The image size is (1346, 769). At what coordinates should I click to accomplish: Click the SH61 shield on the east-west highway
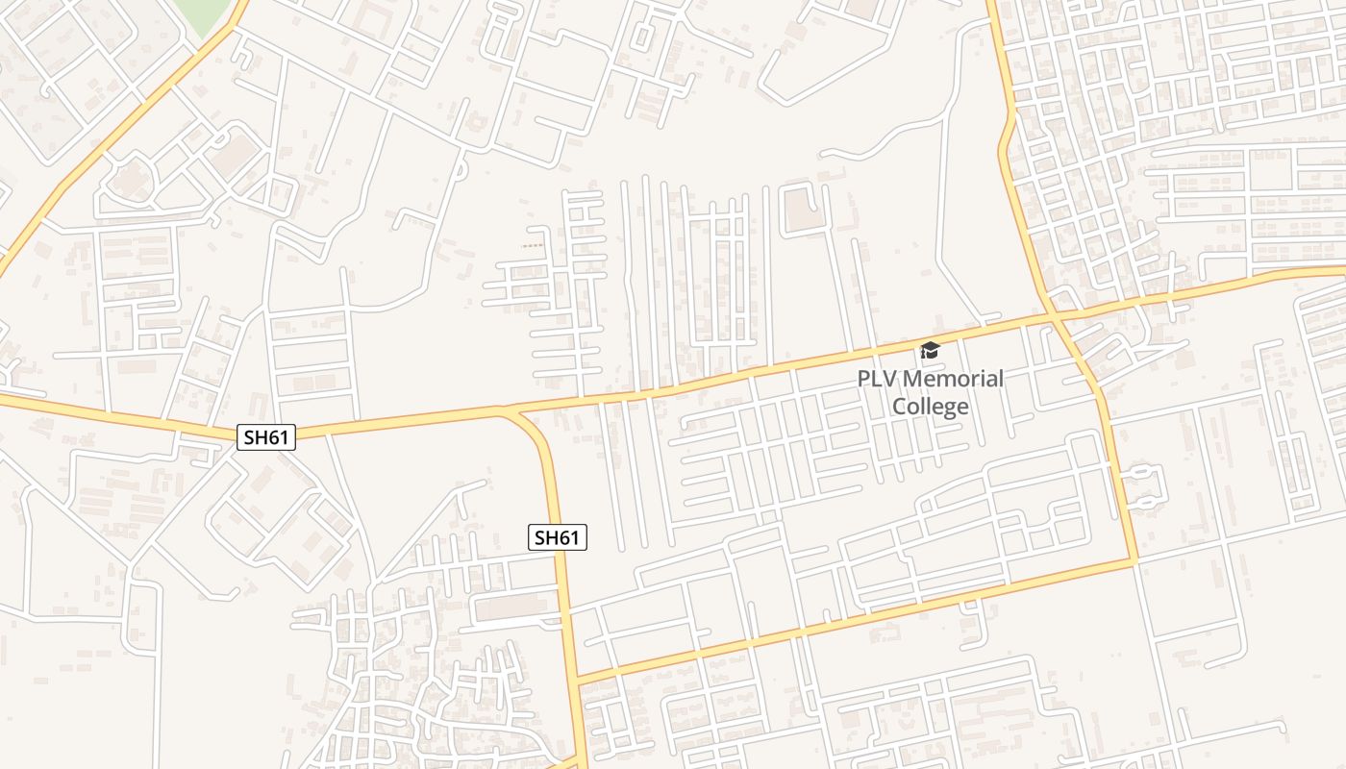[x=266, y=437]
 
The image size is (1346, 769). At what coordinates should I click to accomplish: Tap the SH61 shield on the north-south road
[x=558, y=537]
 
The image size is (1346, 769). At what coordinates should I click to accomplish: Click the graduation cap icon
[x=929, y=351]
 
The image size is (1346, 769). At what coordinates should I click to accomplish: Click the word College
[x=930, y=407]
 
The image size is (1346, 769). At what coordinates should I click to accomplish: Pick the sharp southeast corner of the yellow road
[x=1135, y=560]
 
